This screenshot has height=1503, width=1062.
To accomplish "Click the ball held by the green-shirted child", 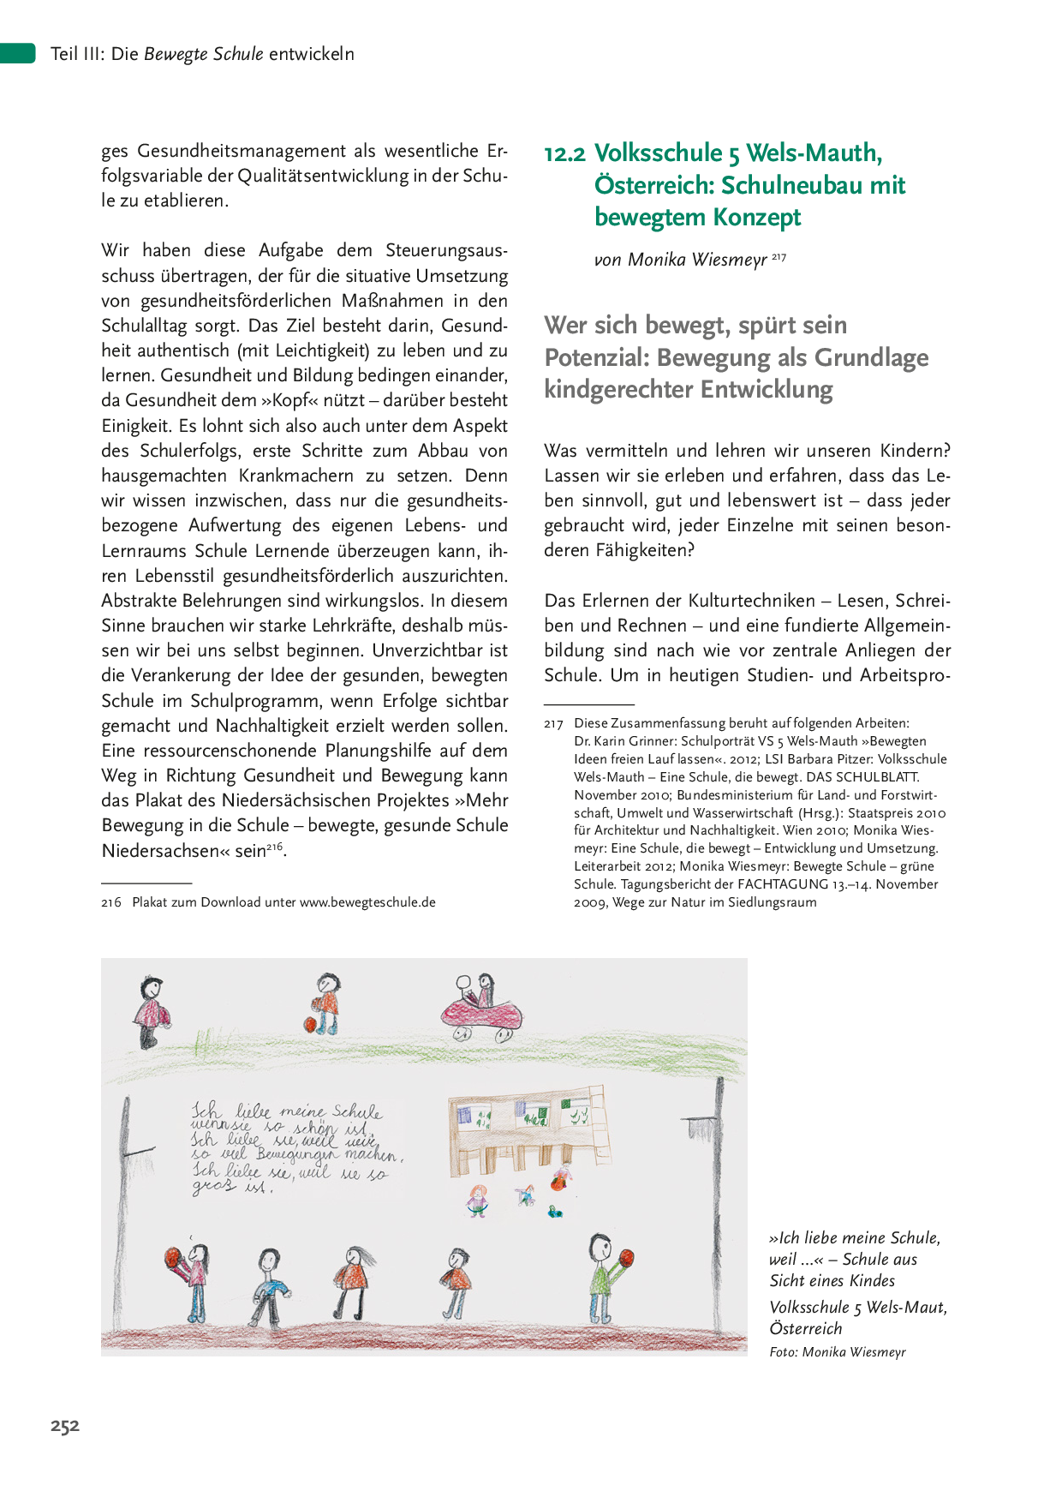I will tap(623, 1260).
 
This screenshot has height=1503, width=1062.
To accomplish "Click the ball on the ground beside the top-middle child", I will tap(310, 1023).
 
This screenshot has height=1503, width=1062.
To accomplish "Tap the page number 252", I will tap(65, 1426).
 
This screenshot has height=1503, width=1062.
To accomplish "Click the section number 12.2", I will tap(564, 153).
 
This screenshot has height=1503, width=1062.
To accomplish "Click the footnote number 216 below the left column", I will tap(111, 902).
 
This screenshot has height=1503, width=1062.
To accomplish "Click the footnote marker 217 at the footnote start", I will tap(552, 724).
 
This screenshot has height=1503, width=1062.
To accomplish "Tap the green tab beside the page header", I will tap(17, 53).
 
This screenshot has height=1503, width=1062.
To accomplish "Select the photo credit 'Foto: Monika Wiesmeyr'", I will tap(837, 1352).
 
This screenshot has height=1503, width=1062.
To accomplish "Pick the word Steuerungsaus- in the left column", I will tap(446, 250).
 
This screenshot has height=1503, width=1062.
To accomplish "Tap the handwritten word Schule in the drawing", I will tap(357, 1112).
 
